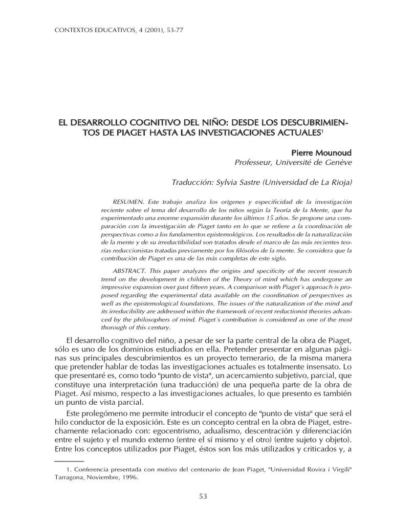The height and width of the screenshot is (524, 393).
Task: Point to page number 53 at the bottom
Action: click(203, 496)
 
